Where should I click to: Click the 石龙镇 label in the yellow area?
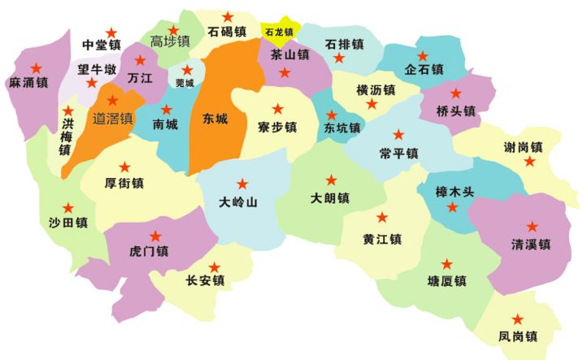[278, 33]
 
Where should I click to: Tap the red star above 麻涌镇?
[36, 67]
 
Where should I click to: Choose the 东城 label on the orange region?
[215, 119]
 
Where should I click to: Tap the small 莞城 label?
[185, 83]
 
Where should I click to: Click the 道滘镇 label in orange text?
[113, 119]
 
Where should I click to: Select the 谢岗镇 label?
[523, 148]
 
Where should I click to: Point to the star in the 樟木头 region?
[452, 208]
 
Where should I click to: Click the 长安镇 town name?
[205, 281]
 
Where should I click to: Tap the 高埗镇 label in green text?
[170, 41]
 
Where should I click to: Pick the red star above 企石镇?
[423, 56]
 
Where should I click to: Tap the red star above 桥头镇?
[455, 93]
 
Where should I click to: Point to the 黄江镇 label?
[382, 239]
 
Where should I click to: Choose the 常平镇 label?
[398, 153]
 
